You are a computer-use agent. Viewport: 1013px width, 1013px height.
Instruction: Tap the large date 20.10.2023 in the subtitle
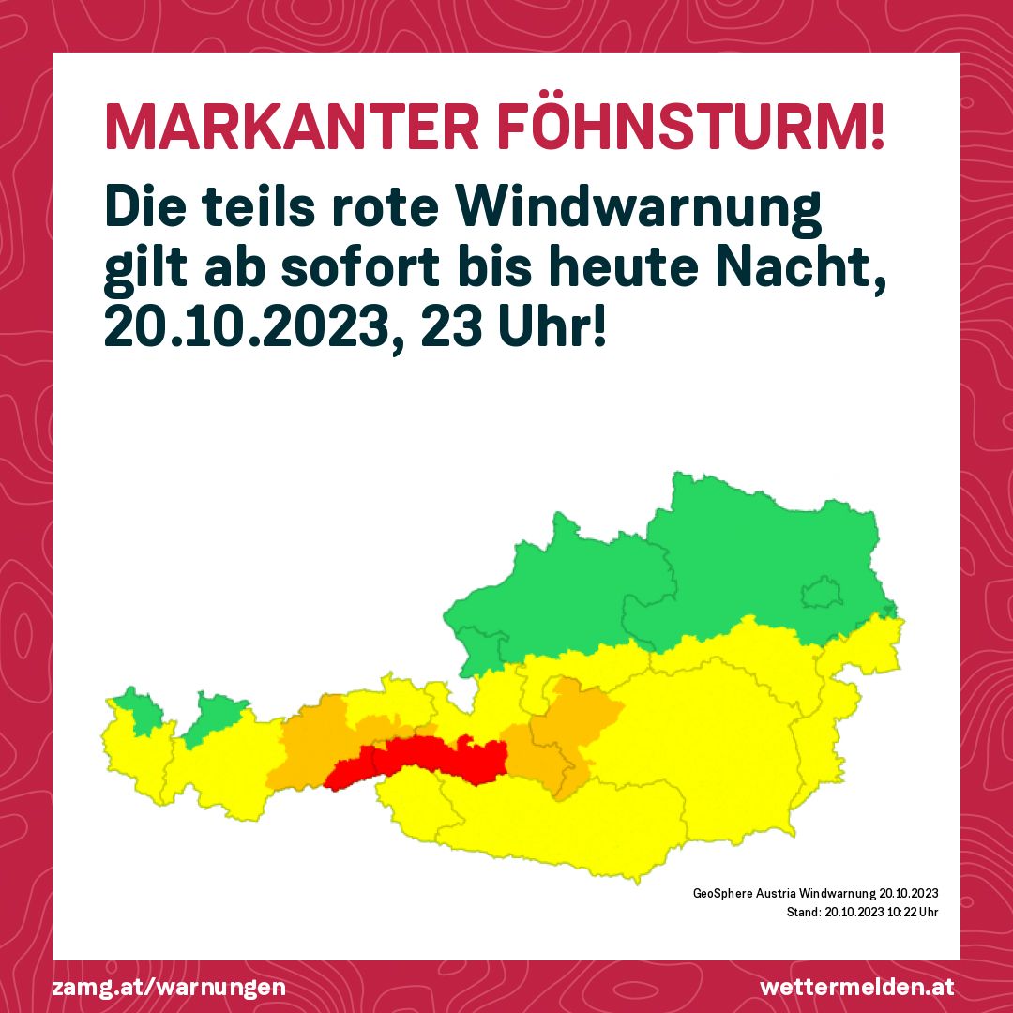tap(247, 330)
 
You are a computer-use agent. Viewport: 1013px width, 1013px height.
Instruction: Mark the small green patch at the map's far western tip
tap(136, 711)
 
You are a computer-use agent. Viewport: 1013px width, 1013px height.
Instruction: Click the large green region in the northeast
tap(750, 563)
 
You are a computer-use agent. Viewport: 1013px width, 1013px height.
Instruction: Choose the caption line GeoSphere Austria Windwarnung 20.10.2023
tap(816, 892)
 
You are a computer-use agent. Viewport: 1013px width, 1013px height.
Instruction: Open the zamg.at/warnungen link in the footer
tap(170, 988)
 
